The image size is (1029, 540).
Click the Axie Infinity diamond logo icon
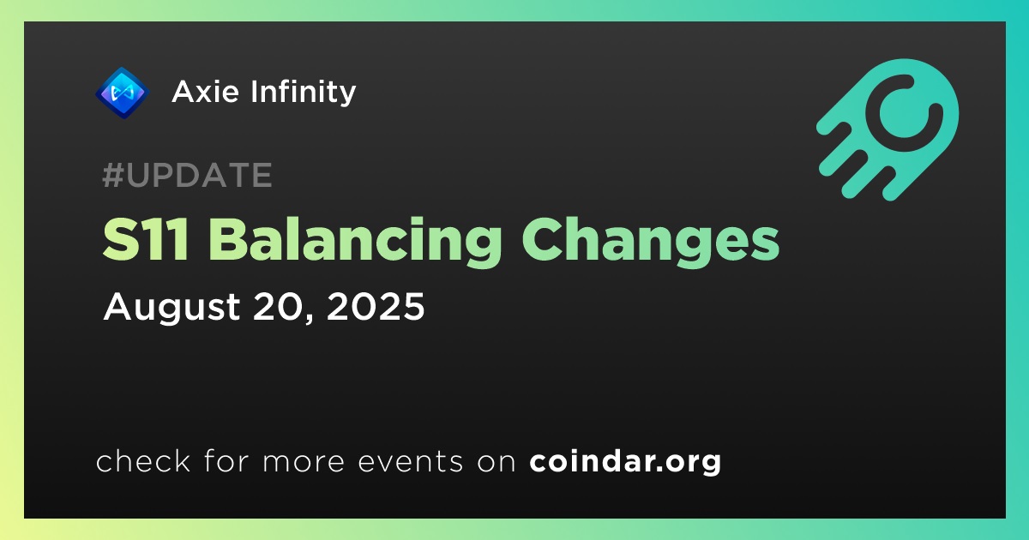tap(122, 93)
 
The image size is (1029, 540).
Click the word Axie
tap(205, 92)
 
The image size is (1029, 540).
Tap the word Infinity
tap(304, 93)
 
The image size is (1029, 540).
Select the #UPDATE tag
tap(188, 175)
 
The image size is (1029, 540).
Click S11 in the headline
tap(146, 239)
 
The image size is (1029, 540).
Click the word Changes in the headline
tap(651, 241)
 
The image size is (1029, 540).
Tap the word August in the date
tap(171, 309)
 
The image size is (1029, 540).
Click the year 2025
tap(376, 306)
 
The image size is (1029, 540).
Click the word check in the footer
tap(143, 460)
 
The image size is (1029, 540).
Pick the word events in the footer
tap(410, 461)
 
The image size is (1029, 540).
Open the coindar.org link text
tap(625, 462)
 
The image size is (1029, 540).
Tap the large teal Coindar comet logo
tap(888, 129)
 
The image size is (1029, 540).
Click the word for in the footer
tap(226, 460)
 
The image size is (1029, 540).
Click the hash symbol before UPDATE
tap(112, 175)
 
